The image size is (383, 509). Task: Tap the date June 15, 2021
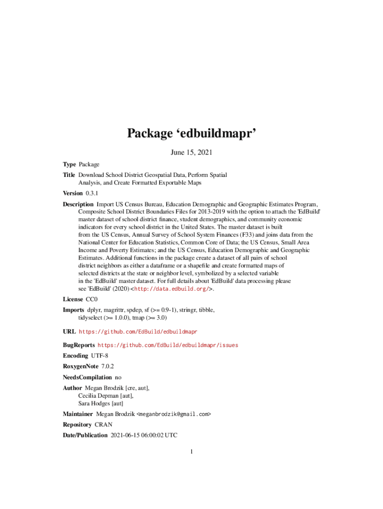click(x=191, y=153)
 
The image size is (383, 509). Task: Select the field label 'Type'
click(x=69, y=164)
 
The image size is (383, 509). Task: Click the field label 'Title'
click(x=69, y=175)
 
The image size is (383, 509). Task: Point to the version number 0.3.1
click(x=92, y=193)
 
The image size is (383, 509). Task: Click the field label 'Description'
click(x=78, y=204)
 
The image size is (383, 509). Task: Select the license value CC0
click(x=92, y=299)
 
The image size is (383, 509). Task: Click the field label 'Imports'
click(x=73, y=310)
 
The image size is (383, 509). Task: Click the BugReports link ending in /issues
click(x=168, y=345)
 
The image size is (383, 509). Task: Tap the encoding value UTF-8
click(x=100, y=356)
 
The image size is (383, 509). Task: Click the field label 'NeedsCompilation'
click(x=87, y=377)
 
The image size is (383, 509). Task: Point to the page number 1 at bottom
click(x=191, y=452)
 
